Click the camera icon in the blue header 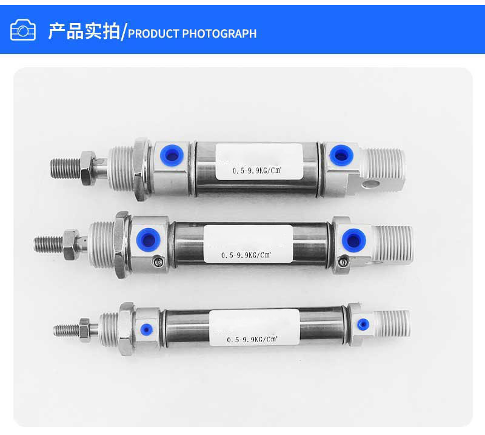pos(23,30)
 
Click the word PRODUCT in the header pos(153,33)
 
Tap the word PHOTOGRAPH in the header pos(219,33)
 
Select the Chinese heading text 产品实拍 pos(84,31)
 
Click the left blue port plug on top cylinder pos(172,155)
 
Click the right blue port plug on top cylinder pos(341,155)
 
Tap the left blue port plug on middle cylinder pos(149,240)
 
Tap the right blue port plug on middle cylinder pos(354,240)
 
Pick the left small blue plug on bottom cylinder pos(146,329)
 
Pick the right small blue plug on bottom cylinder pos(363,324)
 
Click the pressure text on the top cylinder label pos(256,170)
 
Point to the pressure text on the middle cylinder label pos(246,255)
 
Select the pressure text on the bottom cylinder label pos(252,339)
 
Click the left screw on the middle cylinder pos(158,262)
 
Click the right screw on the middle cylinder pos(343,262)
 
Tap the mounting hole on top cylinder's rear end pos(371,184)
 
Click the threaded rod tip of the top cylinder pos(51,169)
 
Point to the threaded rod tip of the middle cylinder pos(35,244)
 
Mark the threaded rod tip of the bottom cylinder pos(55,331)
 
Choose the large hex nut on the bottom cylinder pos(126,329)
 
